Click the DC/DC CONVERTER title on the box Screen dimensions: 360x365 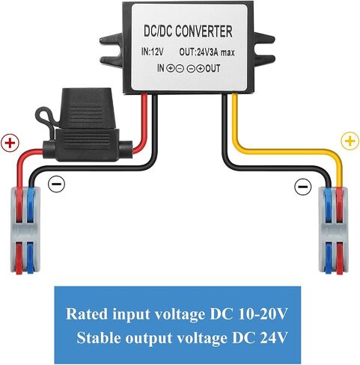pos(188,31)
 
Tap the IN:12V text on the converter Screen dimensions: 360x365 pos(152,52)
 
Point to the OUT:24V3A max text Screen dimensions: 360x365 pos(207,52)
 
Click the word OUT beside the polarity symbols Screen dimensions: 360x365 pos(213,68)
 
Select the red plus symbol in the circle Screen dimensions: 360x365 pos(10,143)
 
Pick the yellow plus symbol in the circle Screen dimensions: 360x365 pos(350,141)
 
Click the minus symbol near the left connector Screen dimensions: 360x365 pos(56,184)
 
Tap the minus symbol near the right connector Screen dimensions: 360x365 pos(303,186)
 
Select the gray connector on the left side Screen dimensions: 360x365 pos(25,230)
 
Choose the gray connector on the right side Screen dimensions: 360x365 pos(334,231)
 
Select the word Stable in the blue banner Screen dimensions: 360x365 pos(100,337)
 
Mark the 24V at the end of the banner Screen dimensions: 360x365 pos(274,337)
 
